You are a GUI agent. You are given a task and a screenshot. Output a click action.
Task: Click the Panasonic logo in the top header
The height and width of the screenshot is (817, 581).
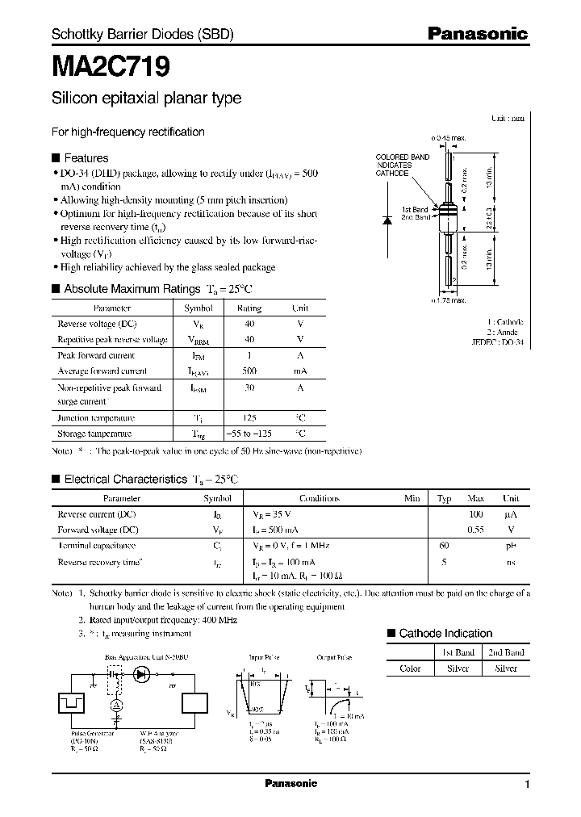click(x=477, y=34)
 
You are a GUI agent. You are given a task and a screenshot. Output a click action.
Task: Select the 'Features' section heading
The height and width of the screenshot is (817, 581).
click(x=86, y=158)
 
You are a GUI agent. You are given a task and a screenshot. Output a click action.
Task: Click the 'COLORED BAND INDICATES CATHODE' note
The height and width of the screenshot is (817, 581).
click(x=403, y=165)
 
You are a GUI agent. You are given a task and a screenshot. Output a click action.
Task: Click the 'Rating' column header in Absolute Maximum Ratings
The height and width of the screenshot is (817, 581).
click(x=249, y=308)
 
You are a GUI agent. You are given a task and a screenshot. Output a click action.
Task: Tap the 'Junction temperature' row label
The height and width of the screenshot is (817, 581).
click(x=96, y=417)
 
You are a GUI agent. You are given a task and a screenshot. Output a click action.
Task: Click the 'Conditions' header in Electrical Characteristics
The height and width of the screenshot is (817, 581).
click(x=320, y=498)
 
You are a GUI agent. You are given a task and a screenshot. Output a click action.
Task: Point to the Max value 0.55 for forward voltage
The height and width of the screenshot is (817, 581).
click(x=475, y=530)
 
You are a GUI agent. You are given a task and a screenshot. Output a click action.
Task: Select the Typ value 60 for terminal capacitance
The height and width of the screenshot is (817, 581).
click(x=443, y=546)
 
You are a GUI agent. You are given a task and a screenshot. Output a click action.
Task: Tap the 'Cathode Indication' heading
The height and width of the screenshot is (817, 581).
click(x=445, y=634)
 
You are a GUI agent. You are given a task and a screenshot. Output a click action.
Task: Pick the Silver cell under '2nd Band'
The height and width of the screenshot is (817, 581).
click(x=506, y=668)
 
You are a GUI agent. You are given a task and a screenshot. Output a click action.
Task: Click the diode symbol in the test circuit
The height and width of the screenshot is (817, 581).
click(x=144, y=673)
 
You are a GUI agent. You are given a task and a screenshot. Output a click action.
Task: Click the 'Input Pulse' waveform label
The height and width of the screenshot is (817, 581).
click(x=264, y=658)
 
